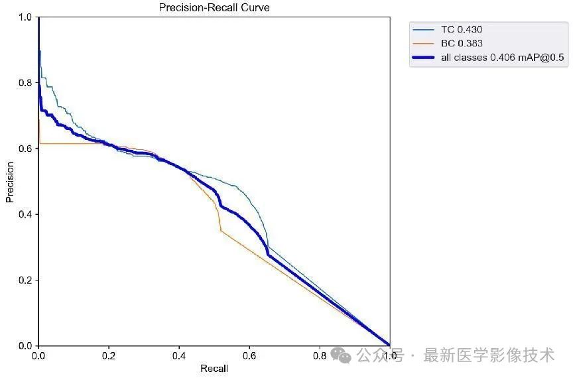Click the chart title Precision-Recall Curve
point(214,7)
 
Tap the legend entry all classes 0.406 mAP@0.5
point(502,58)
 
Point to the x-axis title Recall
point(214,368)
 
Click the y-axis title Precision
point(9,181)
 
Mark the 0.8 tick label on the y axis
point(25,83)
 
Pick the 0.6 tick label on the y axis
point(25,149)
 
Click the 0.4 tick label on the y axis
point(25,214)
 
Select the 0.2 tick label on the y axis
point(25,280)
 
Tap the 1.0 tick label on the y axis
point(25,17)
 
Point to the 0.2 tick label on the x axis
point(109,356)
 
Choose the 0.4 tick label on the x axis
point(179,356)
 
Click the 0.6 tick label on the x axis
point(249,356)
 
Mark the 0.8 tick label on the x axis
point(320,356)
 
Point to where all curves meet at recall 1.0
point(389,345)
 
